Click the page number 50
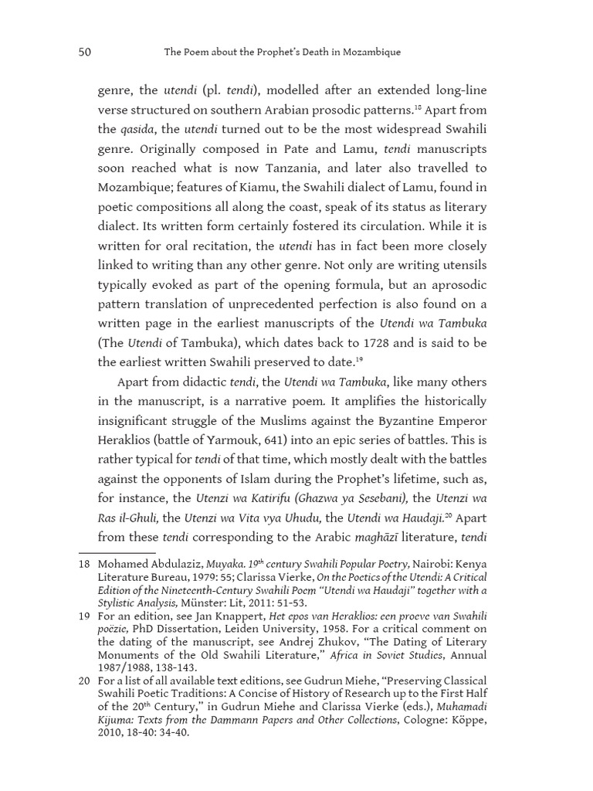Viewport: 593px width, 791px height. (86, 53)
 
